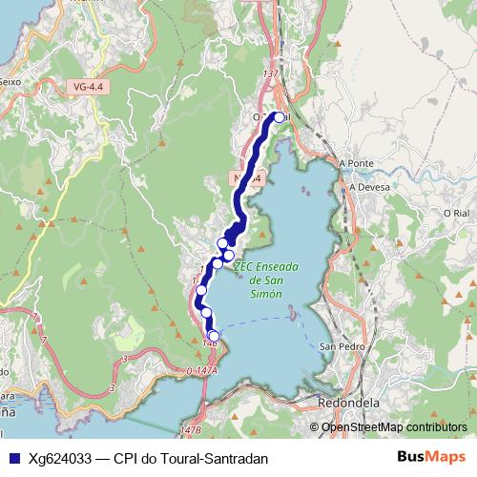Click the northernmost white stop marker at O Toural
(279, 117)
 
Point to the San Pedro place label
(339, 345)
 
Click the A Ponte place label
(356, 163)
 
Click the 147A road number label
(201, 370)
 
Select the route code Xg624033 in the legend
(59, 459)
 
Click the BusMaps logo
(431, 458)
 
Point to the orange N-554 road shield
(244, 177)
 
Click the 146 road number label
(210, 339)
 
